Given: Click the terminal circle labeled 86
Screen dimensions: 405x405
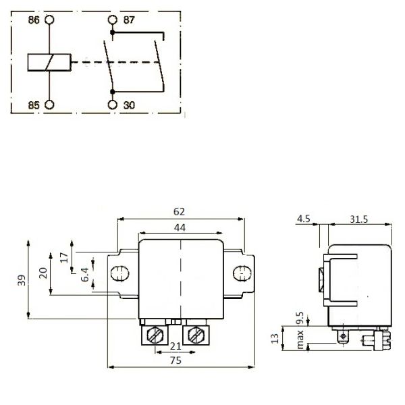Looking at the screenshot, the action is click(x=49, y=20).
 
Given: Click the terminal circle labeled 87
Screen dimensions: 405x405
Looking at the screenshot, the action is click(x=112, y=20).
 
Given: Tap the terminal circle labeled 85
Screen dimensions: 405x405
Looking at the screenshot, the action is click(x=49, y=105).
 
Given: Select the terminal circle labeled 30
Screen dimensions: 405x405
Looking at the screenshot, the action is click(x=112, y=105).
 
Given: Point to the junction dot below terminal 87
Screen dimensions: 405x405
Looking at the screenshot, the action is click(x=112, y=32).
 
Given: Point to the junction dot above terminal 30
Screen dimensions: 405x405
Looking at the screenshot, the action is click(x=112, y=92).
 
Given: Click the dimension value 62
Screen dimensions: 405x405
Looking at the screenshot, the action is click(x=180, y=212).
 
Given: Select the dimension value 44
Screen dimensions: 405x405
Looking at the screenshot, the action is click(x=180, y=227).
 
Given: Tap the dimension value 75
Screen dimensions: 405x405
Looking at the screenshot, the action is click(x=176, y=360).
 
